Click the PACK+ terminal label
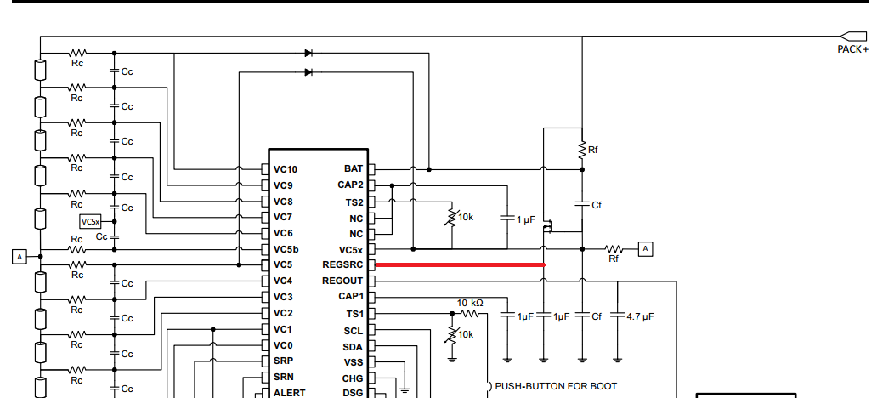click(x=852, y=49)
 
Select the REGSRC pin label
click(x=342, y=264)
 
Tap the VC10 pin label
click(x=286, y=169)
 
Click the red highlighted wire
click(x=460, y=265)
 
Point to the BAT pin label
click(x=354, y=169)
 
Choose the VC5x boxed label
click(x=90, y=221)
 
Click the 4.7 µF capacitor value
click(x=640, y=316)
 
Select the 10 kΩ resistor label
click(x=470, y=303)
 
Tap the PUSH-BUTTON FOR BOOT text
click(x=556, y=386)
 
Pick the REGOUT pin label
click(x=342, y=281)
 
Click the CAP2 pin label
click(x=350, y=185)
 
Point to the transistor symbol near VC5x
click(x=548, y=225)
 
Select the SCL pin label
click(x=354, y=331)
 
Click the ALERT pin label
click(x=289, y=393)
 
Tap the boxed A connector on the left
click(x=20, y=256)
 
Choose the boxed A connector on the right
click(x=646, y=248)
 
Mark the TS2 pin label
click(x=354, y=202)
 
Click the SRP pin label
click(x=283, y=361)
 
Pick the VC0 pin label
click(x=283, y=345)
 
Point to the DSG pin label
click(x=353, y=393)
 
